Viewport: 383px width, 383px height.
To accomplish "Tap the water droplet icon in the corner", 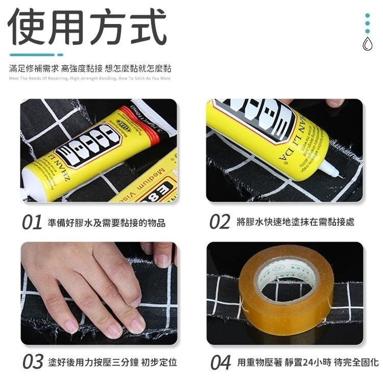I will (x=367, y=44).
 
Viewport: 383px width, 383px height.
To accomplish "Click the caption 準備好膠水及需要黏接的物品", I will (x=107, y=223).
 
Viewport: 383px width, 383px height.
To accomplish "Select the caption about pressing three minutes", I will (x=112, y=362).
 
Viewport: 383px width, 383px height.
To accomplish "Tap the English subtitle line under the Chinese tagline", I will (x=89, y=78).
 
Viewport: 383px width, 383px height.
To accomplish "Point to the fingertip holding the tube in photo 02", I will (x=334, y=103).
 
